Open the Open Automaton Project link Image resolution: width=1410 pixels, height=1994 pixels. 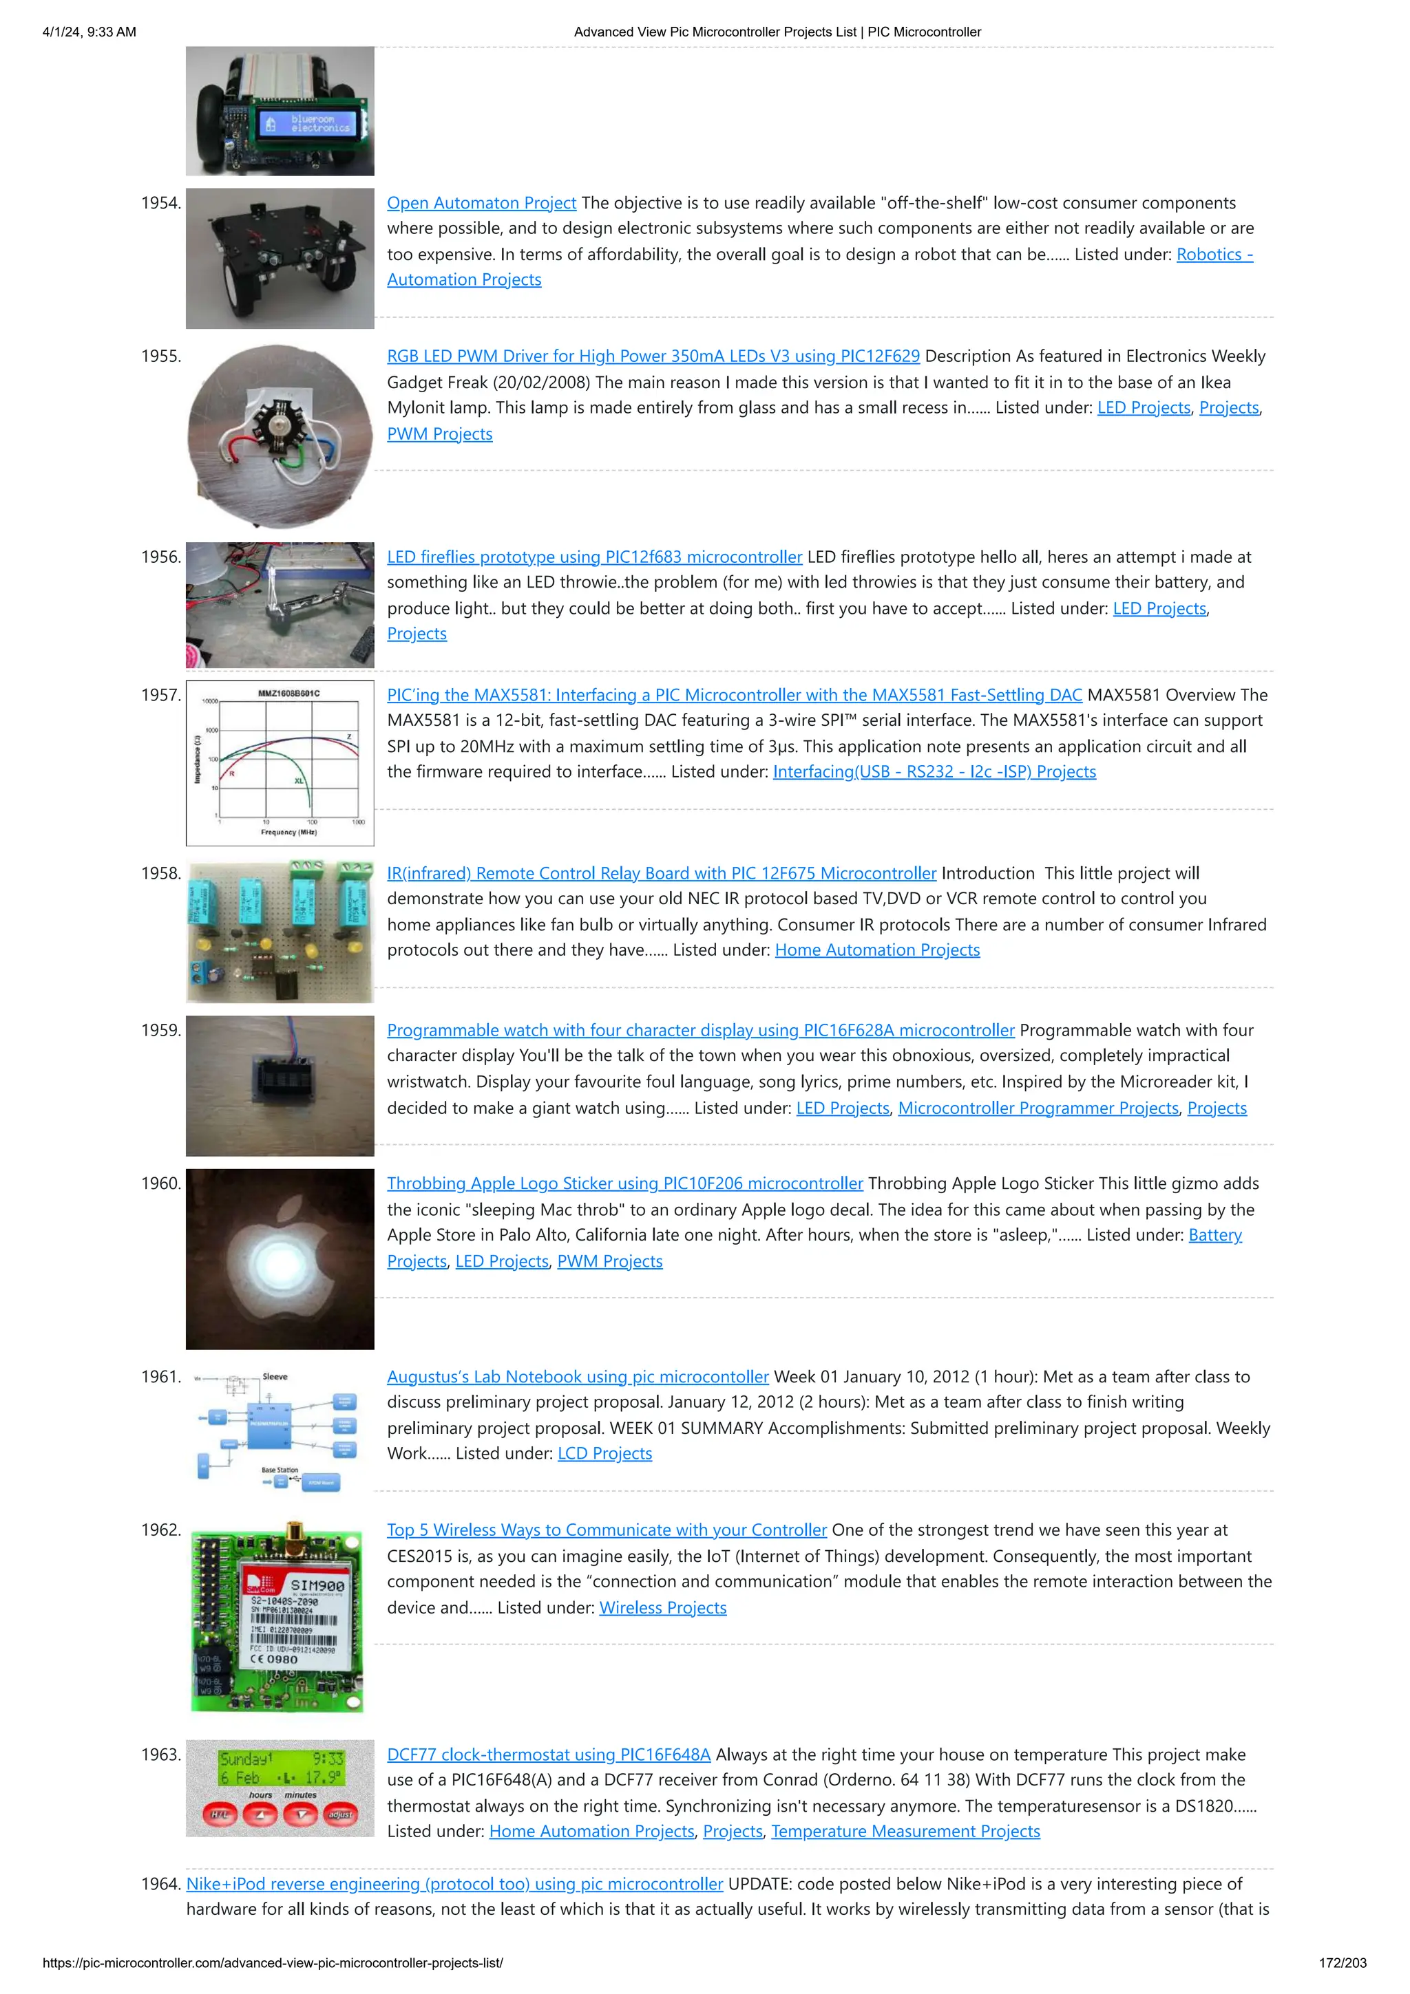point(481,203)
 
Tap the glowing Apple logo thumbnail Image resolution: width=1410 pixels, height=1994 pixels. point(280,1258)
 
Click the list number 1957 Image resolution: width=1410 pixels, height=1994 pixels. point(160,695)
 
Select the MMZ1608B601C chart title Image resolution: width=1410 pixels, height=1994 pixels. point(288,693)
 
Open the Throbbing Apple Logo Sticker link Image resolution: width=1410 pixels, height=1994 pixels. point(624,1183)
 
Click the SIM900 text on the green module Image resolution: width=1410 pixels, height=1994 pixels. point(317,1585)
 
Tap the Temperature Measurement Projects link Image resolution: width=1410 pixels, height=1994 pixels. point(905,1832)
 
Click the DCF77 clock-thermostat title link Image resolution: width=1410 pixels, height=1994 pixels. point(548,1755)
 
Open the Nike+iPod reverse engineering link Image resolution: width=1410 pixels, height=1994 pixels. point(454,1884)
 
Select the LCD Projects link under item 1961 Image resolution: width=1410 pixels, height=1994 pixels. point(604,1454)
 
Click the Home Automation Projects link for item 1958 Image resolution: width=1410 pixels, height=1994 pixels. point(876,950)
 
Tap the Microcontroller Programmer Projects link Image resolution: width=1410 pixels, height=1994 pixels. point(1038,1108)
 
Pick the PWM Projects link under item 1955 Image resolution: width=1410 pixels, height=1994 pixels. point(440,434)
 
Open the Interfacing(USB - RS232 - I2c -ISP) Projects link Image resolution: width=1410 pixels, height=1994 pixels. point(934,772)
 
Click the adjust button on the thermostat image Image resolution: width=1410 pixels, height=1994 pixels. point(341,1814)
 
